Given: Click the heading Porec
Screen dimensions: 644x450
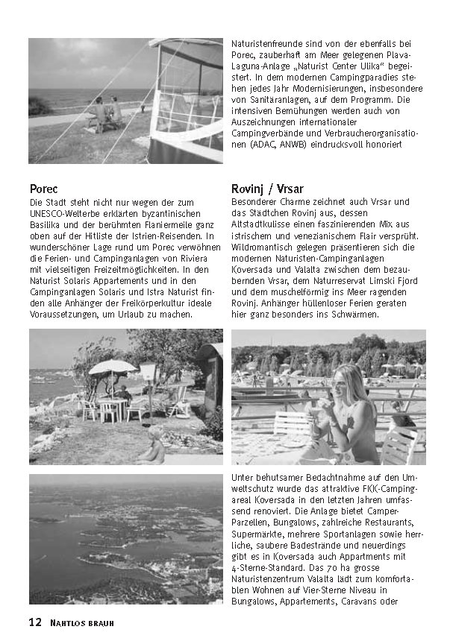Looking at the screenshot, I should [x=44, y=189].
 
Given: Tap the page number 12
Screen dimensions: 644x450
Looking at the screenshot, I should [x=35, y=622].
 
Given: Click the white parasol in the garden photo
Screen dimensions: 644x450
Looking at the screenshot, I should [x=113, y=367].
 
